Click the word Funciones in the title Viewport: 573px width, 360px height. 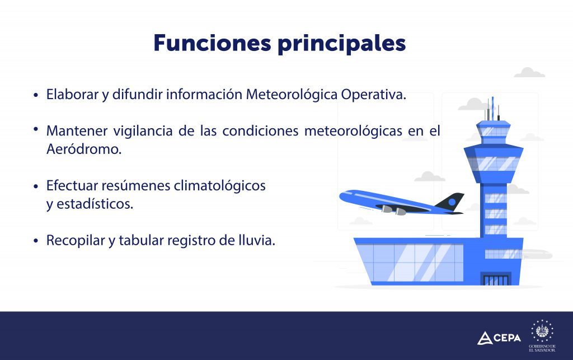pos(212,43)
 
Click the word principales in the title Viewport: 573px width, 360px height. pos(342,44)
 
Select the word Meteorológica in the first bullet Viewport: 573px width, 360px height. pos(292,94)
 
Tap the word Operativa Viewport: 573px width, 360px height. pos(373,95)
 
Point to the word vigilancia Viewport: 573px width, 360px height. pos(143,131)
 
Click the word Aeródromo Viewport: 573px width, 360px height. pos(84,149)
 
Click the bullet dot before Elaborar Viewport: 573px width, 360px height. pos(36,95)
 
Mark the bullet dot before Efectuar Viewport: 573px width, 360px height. pos(36,186)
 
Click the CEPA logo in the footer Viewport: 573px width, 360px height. pos(499,338)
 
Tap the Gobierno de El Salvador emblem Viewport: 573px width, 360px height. pos(542,335)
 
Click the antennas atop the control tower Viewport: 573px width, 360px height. pos(492,109)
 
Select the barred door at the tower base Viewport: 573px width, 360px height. pos(496,279)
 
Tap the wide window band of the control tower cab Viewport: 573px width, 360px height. pos(494,163)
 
